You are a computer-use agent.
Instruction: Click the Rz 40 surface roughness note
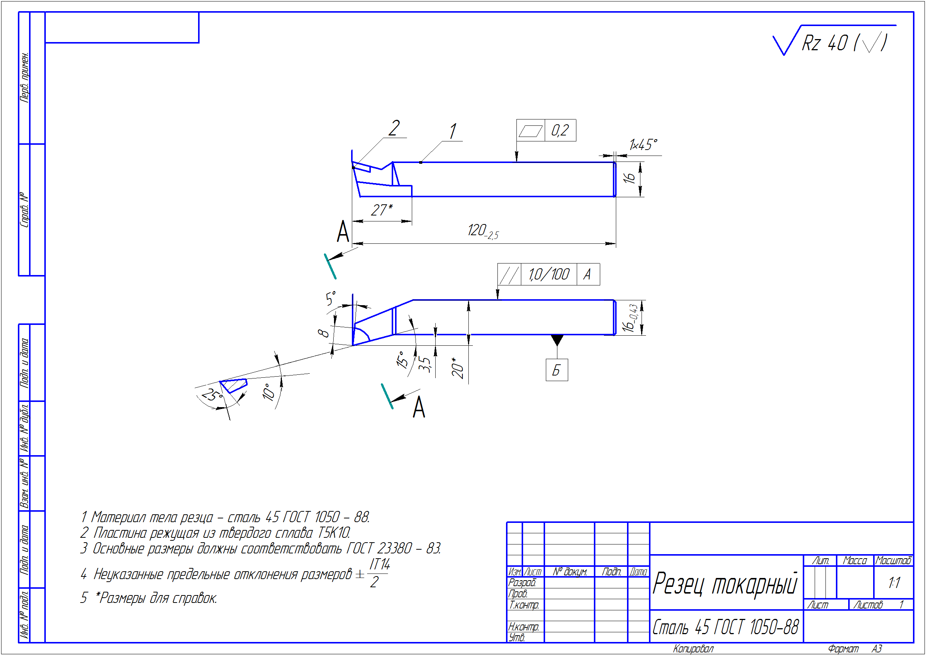[x=843, y=42]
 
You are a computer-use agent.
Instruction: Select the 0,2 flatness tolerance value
[x=560, y=130]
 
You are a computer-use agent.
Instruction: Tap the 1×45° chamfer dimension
[x=643, y=144]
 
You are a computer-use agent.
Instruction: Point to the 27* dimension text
[x=381, y=210]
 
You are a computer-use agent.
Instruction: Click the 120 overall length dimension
[x=483, y=231]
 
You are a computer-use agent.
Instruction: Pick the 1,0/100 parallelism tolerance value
[x=549, y=275]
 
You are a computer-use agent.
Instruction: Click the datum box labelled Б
[x=557, y=370]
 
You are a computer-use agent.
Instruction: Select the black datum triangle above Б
[x=557, y=340]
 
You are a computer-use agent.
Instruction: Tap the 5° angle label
[x=331, y=298]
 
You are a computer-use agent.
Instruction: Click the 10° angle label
[x=268, y=391]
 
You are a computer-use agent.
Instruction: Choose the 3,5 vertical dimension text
[x=424, y=364]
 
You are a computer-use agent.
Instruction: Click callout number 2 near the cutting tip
[x=394, y=128]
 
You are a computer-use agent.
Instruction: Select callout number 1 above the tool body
[x=453, y=131]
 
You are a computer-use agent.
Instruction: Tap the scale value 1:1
[x=894, y=582]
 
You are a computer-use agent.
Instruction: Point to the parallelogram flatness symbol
[x=530, y=131]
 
